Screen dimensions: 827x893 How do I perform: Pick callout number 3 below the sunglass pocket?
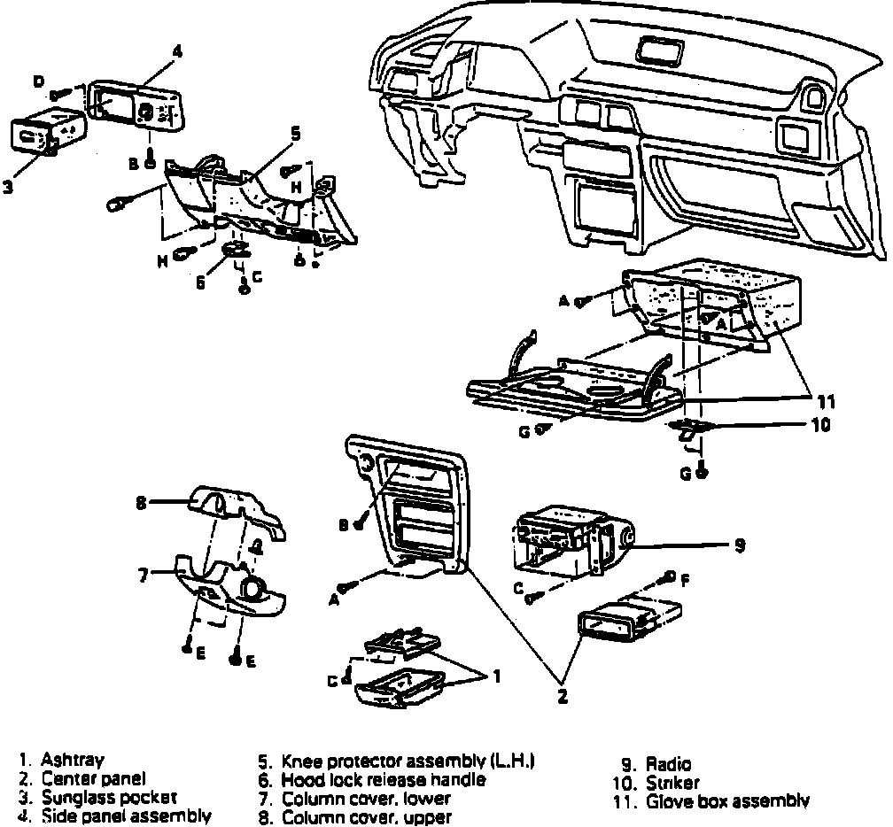pyautogui.click(x=7, y=187)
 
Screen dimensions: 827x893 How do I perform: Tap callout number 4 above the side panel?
pyautogui.click(x=177, y=52)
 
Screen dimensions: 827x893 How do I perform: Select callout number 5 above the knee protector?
pyautogui.click(x=295, y=135)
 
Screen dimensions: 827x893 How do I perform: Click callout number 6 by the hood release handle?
pyautogui.click(x=200, y=283)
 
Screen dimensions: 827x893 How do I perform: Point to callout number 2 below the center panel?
pyautogui.click(x=562, y=696)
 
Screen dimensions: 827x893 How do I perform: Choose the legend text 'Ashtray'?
pyautogui.click(x=73, y=761)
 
